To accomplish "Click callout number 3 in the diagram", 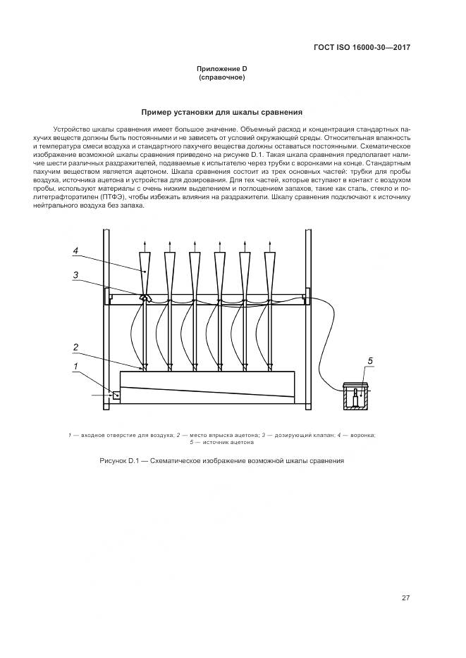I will point(75,275).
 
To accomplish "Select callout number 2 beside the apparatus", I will point(75,346).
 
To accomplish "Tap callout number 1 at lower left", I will point(75,366).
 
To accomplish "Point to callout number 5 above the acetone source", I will point(369,361).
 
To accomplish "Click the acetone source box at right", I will point(357,396).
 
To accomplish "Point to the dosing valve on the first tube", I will point(145,297).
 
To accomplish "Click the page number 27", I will point(405,598).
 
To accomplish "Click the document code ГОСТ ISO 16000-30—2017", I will point(362,48).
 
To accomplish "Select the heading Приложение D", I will point(221,68).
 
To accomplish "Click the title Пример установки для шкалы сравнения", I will point(221,111).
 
